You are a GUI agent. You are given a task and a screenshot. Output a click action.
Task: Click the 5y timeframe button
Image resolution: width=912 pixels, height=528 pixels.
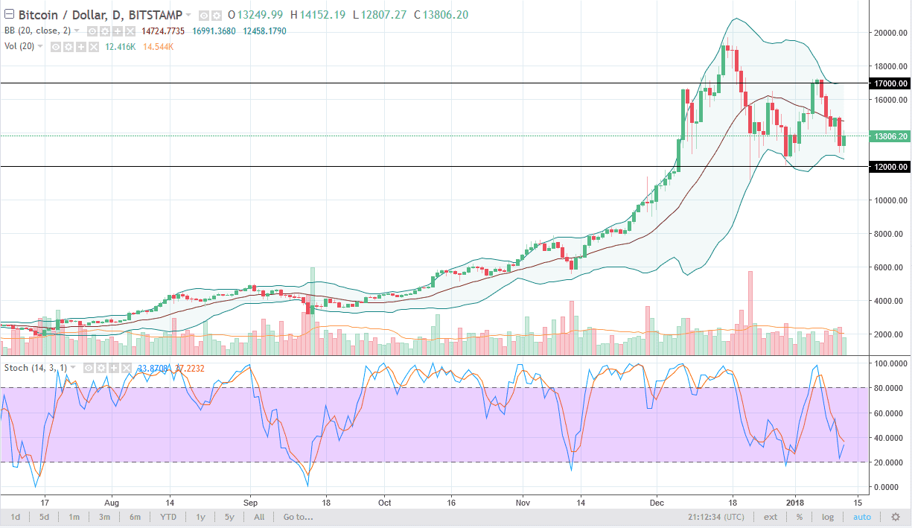(229, 517)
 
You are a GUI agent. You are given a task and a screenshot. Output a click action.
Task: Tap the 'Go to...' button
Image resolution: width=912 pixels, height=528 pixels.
(294, 517)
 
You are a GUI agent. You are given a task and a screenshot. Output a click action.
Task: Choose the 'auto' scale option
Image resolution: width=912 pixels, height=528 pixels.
(861, 517)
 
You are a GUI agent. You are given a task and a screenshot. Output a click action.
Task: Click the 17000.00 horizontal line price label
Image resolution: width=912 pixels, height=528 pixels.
(890, 83)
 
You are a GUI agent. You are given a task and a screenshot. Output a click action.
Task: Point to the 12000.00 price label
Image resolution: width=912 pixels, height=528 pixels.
(890, 167)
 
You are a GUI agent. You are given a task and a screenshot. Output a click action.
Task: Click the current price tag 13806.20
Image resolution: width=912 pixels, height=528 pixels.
(890, 136)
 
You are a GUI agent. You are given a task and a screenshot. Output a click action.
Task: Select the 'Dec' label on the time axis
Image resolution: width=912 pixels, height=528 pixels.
(657, 502)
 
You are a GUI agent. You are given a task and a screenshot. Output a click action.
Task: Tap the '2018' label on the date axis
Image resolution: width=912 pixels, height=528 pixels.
(799, 502)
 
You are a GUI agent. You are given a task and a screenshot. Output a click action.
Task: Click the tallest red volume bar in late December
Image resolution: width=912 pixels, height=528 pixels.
(750, 313)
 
